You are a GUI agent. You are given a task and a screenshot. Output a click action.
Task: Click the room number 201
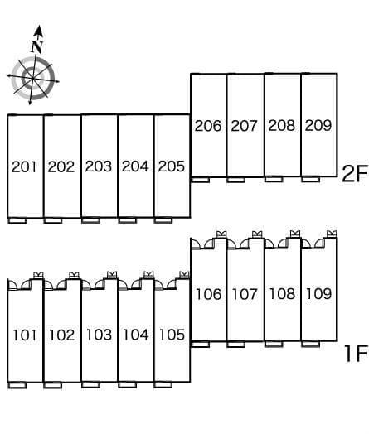24,167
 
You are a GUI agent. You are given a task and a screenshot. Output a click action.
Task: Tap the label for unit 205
172,166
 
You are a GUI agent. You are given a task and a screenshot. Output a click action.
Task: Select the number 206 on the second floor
208,126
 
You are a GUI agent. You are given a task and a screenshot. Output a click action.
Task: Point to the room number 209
318,125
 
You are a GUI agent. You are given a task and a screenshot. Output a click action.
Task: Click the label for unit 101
25,335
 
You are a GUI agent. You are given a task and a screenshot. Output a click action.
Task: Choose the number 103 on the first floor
99,335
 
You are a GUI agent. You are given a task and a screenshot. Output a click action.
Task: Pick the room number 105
172,335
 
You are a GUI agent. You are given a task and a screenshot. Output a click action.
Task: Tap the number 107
245,294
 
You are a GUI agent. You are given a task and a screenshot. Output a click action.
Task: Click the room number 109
318,294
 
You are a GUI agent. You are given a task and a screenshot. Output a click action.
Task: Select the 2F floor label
355,174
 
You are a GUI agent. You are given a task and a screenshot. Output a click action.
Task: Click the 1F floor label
356,353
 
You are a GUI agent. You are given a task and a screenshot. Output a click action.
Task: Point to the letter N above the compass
36,46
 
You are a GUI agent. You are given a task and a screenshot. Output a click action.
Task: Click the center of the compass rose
32,79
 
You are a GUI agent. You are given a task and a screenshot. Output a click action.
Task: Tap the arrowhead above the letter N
38,31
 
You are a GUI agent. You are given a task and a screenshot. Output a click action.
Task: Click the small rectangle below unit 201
17,220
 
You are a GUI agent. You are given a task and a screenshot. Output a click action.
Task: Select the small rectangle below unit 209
311,179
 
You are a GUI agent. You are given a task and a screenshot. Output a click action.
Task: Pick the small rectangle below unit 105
163,385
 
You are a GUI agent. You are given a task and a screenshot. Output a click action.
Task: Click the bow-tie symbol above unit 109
332,234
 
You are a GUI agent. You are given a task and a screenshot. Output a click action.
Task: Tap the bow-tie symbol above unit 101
38,275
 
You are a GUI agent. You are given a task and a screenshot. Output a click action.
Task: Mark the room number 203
99,166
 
